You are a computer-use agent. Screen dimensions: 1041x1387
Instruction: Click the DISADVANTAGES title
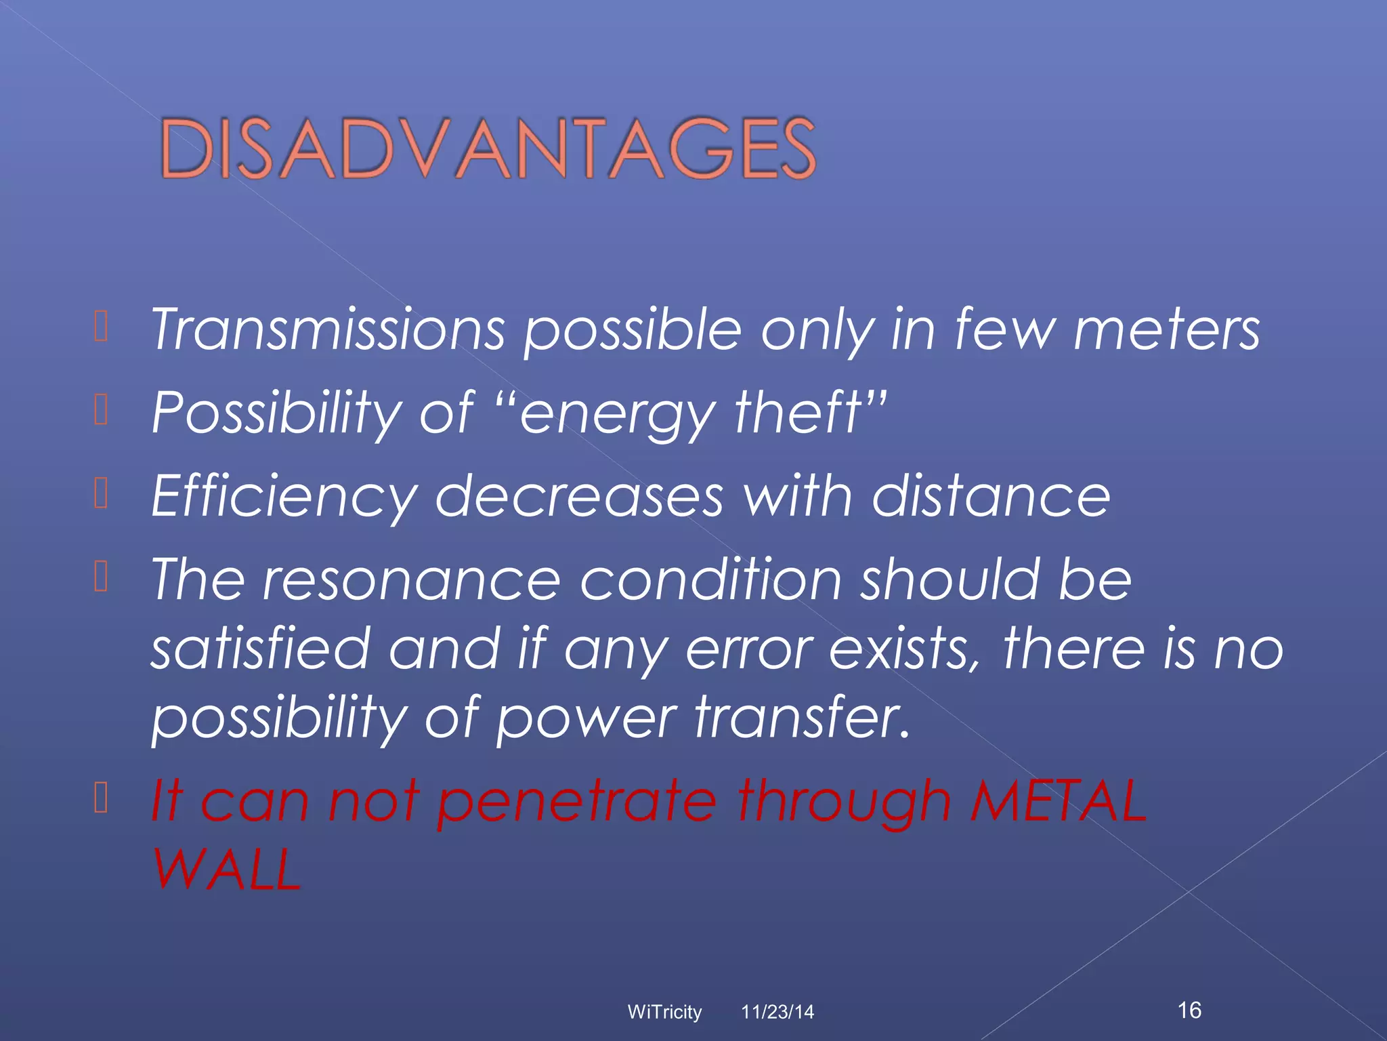pyautogui.click(x=488, y=148)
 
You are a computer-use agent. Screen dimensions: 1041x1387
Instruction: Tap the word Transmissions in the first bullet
pyautogui.click(x=328, y=330)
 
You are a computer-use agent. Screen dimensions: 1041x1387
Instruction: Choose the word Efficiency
pyautogui.click(x=284, y=497)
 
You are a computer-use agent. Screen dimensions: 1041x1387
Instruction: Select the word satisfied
pyautogui.click(x=260, y=649)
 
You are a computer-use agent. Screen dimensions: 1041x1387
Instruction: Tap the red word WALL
pyautogui.click(x=227, y=870)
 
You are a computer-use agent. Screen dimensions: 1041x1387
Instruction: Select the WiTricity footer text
pyautogui.click(x=664, y=1012)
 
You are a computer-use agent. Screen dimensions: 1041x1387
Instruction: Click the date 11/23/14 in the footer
pyautogui.click(x=777, y=1012)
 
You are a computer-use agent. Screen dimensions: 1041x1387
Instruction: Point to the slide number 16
pyautogui.click(x=1190, y=1010)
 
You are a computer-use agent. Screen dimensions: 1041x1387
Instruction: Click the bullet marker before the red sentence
pyautogui.click(x=101, y=797)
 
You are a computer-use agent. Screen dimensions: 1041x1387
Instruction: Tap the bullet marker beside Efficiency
pyautogui.click(x=101, y=493)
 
